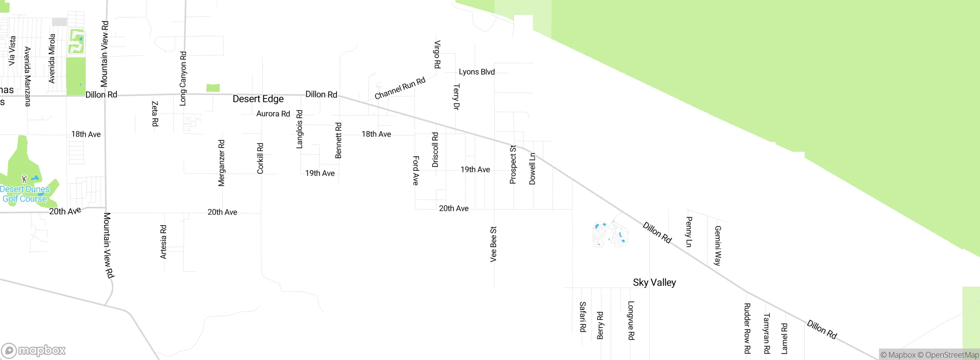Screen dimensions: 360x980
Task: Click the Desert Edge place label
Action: [x=258, y=99]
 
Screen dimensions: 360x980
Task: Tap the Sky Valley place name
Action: [x=654, y=283]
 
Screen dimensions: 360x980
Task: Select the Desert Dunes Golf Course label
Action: [x=25, y=194]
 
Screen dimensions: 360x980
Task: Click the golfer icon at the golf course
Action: [x=24, y=178]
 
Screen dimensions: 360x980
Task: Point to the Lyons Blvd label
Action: [x=477, y=72]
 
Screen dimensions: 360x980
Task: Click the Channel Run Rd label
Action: [x=400, y=88]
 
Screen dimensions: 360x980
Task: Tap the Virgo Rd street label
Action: [x=437, y=54]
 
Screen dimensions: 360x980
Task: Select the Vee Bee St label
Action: [x=493, y=244]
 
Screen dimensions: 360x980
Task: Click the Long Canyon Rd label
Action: [x=183, y=79]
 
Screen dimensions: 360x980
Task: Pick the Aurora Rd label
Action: [x=273, y=114]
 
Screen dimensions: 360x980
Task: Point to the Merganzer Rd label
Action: [x=222, y=163]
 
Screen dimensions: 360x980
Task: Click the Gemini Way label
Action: [x=718, y=245]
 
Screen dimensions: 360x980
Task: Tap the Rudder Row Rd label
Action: [x=747, y=328]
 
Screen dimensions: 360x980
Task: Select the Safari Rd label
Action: [x=583, y=316]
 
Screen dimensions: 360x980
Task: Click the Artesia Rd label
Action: [x=163, y=242]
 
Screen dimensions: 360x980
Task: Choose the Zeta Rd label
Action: [x=155, y=113]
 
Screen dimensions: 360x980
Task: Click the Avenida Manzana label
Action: [x=28, y=76]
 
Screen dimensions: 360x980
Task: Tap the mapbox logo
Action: [x=34, y=350]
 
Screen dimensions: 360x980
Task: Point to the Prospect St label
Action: [x=513, y=164]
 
